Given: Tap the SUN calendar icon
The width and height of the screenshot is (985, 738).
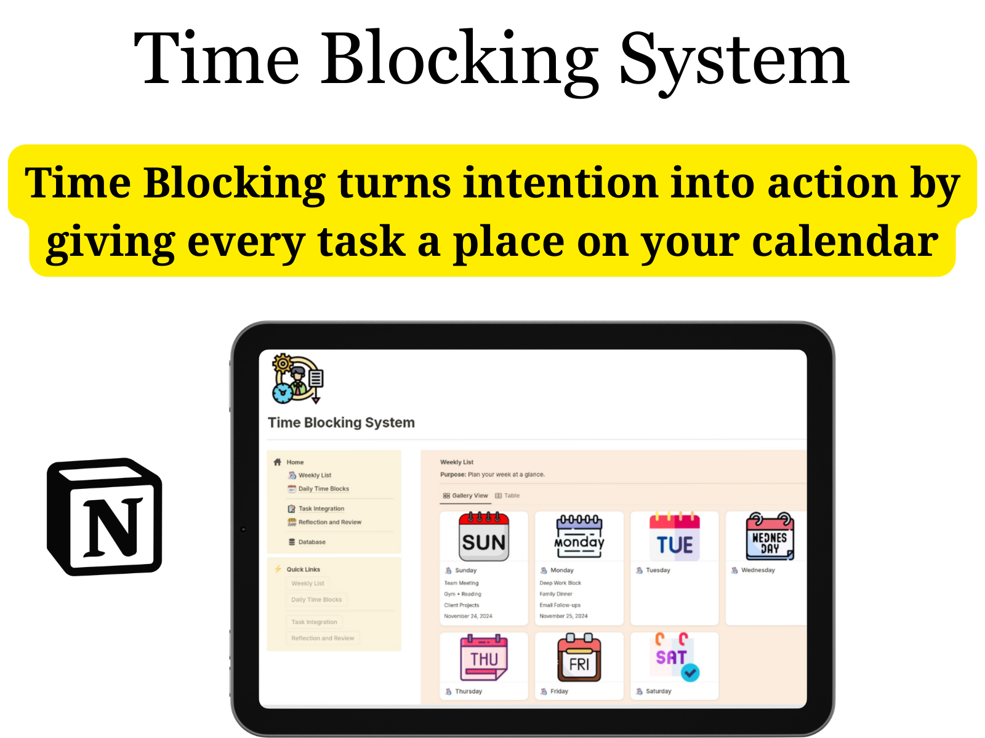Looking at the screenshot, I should [x=484, y=536].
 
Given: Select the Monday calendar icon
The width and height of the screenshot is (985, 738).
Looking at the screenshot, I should [x=579, y=536].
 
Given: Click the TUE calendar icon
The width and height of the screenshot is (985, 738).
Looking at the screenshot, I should [x=675, y=536].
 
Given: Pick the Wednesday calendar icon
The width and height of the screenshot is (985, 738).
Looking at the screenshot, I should [x=770, y=536].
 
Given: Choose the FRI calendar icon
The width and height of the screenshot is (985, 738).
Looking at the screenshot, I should [x=579, y=658].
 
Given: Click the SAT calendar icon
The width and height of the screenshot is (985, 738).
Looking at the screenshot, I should [x=675, y=657].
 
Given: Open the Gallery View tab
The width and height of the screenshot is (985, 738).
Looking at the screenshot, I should [x=465, y=496].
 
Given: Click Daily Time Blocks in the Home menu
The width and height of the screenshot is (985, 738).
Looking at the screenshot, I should [x=323, y=489].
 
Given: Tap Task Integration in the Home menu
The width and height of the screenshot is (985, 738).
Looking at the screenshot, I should [x=321, y=509].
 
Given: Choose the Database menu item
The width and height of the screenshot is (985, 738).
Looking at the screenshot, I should [x=312, y=542].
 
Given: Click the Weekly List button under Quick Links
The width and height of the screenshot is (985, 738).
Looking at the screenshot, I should [x=308, y=584].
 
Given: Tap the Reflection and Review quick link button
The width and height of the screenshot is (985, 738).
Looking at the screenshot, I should [x=323, y=638].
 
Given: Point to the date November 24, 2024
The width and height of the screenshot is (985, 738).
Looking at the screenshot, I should [x=468, y=616].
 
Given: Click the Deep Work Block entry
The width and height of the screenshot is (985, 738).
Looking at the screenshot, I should [x=560, y=583].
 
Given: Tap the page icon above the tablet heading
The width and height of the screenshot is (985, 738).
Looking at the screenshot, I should [x=298, y=378].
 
